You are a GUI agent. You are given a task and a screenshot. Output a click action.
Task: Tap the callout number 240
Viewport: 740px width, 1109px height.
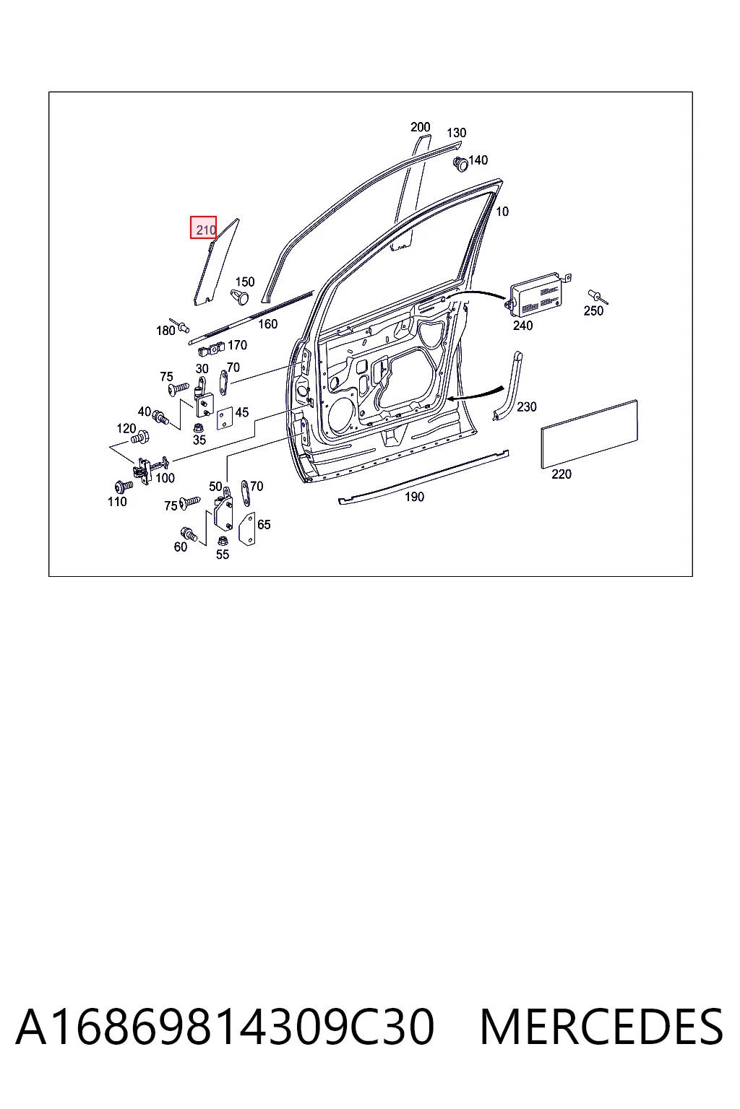point(522,326)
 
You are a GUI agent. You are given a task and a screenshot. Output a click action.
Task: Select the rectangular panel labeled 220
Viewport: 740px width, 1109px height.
point(589,434)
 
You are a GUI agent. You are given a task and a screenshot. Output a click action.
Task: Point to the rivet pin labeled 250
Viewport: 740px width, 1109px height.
point(597,297)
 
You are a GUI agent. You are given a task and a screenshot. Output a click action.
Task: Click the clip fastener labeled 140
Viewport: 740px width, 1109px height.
point(460,163)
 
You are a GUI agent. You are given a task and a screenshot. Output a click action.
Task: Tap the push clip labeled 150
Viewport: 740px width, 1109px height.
point(241,297)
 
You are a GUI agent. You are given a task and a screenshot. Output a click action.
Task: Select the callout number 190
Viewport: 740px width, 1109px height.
point(414,497)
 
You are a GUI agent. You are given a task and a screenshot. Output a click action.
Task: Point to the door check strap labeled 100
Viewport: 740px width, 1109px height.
point(150,469)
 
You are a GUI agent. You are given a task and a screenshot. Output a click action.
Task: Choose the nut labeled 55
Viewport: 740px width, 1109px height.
point(223,540)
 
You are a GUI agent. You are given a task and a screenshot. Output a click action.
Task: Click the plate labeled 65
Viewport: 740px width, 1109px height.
point(247,529)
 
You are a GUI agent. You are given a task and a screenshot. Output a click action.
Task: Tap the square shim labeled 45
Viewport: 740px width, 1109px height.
point(225,418)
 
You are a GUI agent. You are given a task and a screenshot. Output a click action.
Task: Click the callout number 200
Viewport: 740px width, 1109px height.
point(421,127)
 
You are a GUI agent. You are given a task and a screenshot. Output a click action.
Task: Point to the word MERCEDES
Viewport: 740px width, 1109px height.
point(601,1027)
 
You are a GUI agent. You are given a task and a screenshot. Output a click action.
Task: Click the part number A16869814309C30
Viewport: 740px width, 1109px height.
point(225,1027)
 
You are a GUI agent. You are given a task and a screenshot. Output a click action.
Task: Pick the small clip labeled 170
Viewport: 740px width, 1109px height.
point(211,349)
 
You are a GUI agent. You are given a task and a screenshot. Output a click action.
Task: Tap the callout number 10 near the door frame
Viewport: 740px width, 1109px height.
point(502,212)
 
